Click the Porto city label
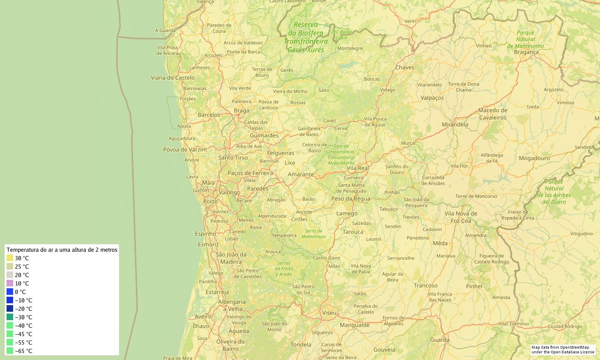pos(210,202)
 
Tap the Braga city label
pos(241,111)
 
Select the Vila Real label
pos(358,168)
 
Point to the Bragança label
pos(526,52)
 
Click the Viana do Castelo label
pos(172,77)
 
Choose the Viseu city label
pos(329,312)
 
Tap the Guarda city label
pos(440,340)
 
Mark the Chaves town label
pos(405,67)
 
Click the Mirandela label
pos(455,125)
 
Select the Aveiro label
pos(203,316)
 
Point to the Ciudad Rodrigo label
pos(564,326)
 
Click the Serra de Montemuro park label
pos(314,233)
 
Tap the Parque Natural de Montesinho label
pos(525,39)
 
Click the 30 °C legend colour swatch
pos(10,258)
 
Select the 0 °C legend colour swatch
pos(10,292)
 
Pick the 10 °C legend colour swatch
pos(10,283)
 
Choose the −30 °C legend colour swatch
pos(10,317)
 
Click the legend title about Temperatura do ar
pos(62,250)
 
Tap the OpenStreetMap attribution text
pos(562,350)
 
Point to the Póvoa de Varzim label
pos(185,150)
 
